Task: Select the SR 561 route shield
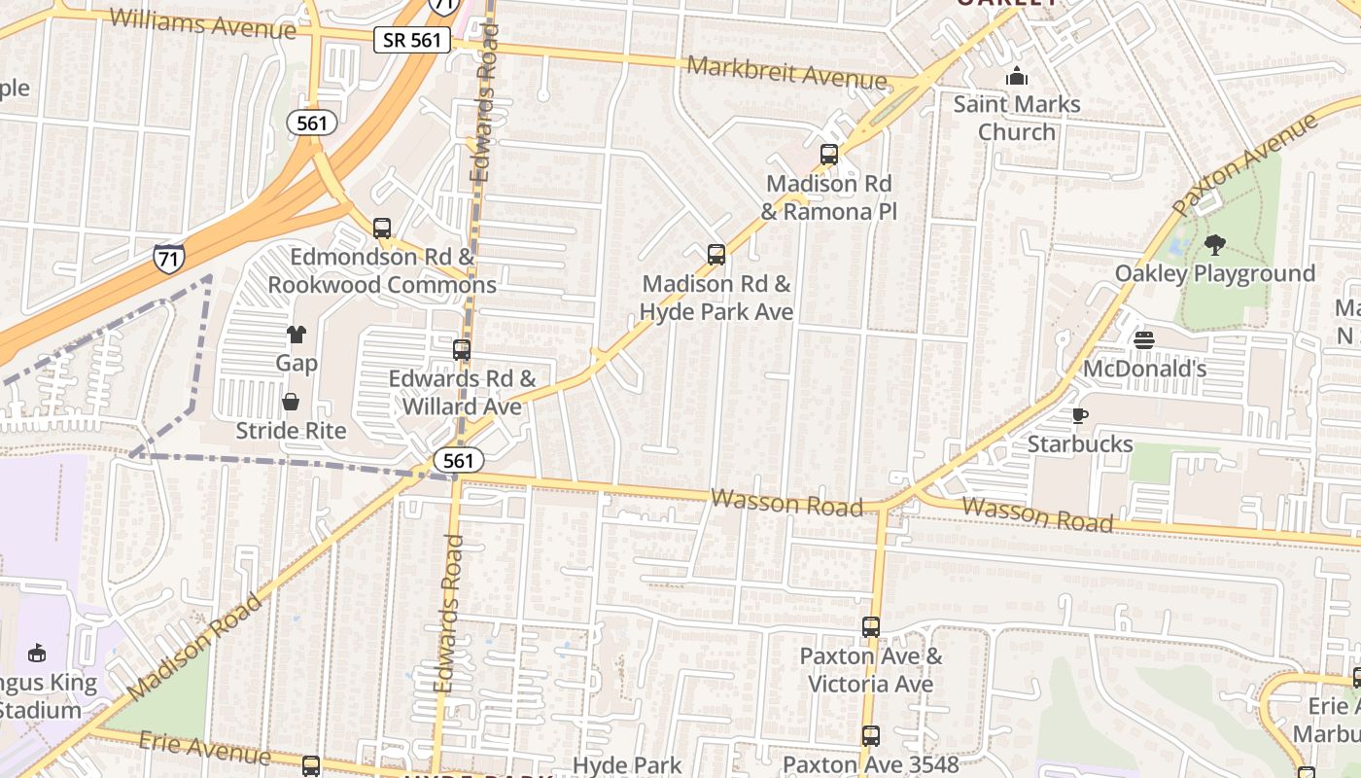tap(412, 40)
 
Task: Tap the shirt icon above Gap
tap(297, 336)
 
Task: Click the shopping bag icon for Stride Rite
tap(291, 402)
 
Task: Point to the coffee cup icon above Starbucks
tap(1079, 416)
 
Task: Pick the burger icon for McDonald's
tap(1144, 340)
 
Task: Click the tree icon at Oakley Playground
tap(1214, 245)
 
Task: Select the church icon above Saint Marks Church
tap(1017, 76)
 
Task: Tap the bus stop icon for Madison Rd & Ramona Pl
tap(829, 155)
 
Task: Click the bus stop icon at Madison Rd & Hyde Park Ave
tap(716, 255)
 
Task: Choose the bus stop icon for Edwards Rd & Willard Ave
tap(462, 350)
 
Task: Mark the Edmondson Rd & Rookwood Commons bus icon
tap(382, 230)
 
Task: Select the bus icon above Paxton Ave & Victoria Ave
tap(871, 627)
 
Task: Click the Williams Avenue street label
tap(202, 23)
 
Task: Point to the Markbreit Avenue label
tap(787, 73)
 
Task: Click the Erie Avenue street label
tap(204, 748)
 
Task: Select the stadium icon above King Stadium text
tap(38, 653)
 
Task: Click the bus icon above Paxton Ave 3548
tap(871, 736)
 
